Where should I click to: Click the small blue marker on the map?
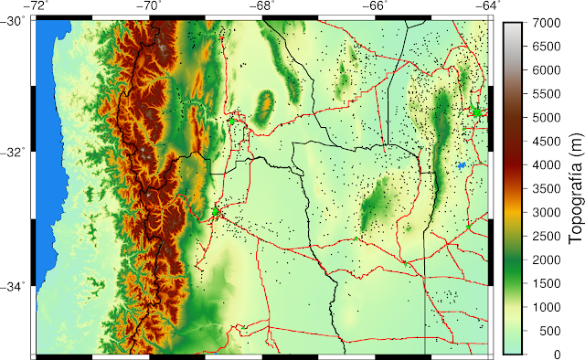(x=461, y=165)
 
